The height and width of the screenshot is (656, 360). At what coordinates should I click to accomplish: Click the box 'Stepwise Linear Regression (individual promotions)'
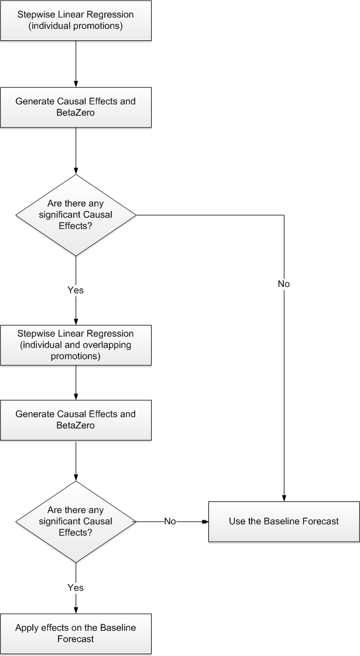click(x=76, y=20)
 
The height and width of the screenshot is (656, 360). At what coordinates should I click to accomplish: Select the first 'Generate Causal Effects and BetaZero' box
click(x=76, y=107)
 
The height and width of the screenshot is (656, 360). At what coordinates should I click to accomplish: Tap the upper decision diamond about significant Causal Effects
click(x=76, y=215)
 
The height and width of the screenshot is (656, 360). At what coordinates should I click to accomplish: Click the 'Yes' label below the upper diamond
click(x=76, y=290)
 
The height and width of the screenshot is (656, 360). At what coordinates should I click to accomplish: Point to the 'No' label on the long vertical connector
click(x=284, y=283)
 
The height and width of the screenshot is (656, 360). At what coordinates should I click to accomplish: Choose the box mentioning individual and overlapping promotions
click(x=76, y=345)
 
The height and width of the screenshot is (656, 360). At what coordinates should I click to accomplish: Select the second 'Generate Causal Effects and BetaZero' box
click(x=76, y=420)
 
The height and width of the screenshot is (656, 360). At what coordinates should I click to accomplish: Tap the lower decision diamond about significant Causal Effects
click(x=76, y=521)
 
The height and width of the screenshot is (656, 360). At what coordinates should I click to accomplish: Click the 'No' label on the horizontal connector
click(x=170, y=521)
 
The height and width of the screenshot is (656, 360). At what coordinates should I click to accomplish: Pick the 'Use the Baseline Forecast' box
click(x=284, y=521)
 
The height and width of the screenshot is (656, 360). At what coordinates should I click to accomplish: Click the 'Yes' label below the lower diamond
click(x=76, y=587)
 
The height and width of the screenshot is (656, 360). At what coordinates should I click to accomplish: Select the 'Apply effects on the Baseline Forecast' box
click(x=76, y=633)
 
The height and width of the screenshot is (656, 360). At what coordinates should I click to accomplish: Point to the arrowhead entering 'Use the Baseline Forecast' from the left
click(x=205, y=521)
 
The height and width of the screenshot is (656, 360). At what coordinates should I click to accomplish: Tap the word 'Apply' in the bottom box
click(x=27, y=628)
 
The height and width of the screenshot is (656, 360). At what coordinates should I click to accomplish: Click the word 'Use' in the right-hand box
click(x=237, y=521)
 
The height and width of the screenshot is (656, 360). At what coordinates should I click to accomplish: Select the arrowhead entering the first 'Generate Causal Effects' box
click(x=76, y=84)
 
